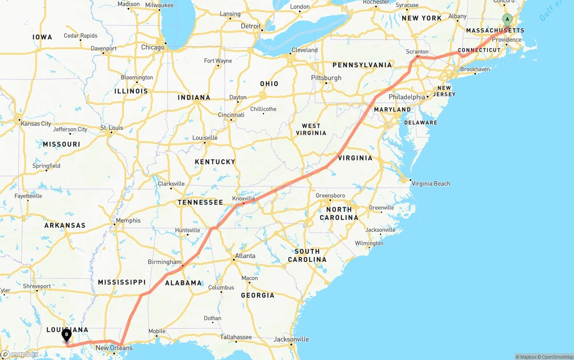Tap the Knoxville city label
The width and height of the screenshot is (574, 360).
click(x=244, y=199)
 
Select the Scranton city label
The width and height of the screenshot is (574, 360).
click(x=417, y=52)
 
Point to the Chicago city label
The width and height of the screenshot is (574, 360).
click(x=152, y=47)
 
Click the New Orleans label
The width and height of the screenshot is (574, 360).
click(x=114, y=348)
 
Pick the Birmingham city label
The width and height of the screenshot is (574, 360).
click(x=165, y=262)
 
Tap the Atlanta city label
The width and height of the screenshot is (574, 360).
click(x=245, y=256)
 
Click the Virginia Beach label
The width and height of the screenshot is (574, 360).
click(x=430, y=183)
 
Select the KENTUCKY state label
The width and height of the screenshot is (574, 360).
click(x=215, y=162)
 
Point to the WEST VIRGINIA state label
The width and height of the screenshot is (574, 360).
click(x=311, y=130)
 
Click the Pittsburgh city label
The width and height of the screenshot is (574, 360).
click(x=326, y=78)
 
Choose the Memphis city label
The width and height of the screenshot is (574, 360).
click(x=128, y=221)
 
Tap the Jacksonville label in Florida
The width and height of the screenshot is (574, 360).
click(x=291, y=339)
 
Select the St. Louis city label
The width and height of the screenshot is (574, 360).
click(x=112, y=128)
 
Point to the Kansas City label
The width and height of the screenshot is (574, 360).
click(x=36, y=124)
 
